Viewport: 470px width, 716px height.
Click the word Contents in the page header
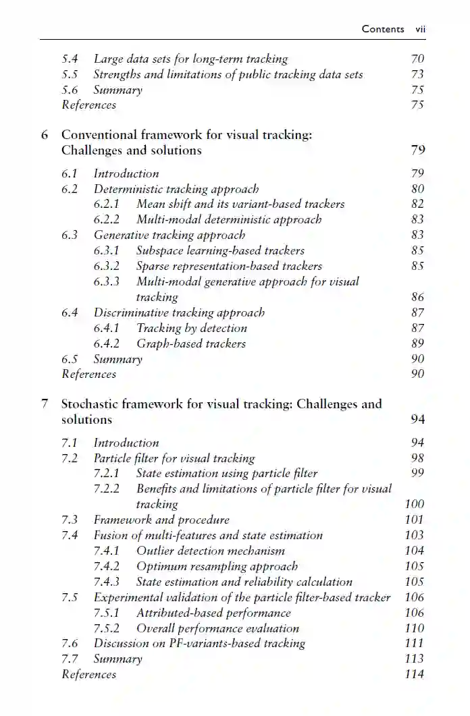pos(383,28)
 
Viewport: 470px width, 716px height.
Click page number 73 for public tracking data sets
pos(417,74)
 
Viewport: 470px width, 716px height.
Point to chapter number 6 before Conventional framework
pos(45,134)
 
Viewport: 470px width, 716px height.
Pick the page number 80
pos(417,189)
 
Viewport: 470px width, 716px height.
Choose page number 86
pos(417,297)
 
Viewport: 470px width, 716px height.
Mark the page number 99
pos(417,473)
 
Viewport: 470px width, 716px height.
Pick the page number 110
pos(415,628)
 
